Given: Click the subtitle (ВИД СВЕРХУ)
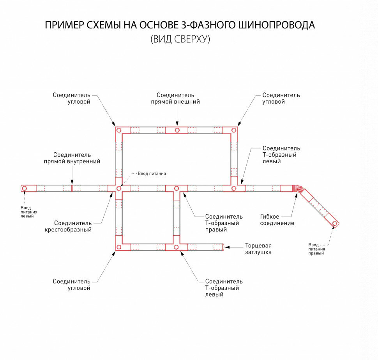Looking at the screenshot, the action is (x=180, y=39).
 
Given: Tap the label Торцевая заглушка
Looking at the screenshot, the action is (x=258, y=249).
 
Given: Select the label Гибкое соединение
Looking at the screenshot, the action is (x=277, y=220).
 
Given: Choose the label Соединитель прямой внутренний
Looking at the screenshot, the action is (x=77, y=158).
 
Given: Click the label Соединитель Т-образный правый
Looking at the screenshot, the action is (x=224, y=223).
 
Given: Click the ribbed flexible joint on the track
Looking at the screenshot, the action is (x=299, y=189).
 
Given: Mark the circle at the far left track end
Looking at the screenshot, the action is (x=24, y=189).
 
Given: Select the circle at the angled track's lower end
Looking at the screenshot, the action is (x=334, y=224).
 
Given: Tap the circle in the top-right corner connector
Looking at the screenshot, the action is (x=234, y=130).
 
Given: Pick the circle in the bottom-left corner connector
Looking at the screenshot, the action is (x=119, y=247).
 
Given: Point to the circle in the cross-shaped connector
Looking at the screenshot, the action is (x=119, y=189).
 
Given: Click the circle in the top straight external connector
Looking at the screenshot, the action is (x=177, y=130).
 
